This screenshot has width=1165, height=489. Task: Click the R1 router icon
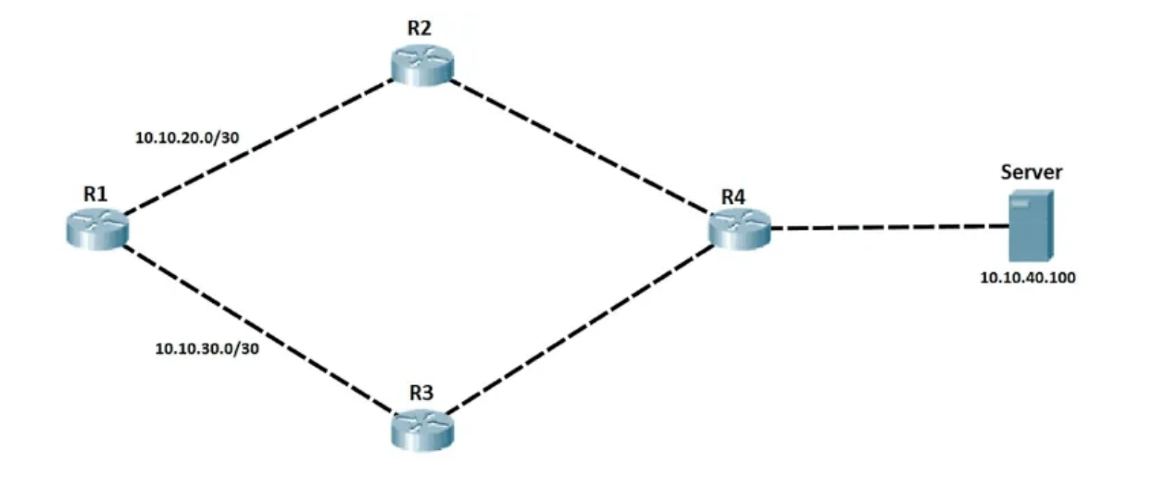coord(96,227)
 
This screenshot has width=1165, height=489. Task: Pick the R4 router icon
coord(740,227)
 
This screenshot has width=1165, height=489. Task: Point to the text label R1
coord(95,194)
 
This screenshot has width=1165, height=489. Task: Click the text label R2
coord(420,27)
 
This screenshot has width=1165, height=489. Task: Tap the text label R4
coord(733,197)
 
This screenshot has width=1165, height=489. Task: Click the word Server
coord(1031,172)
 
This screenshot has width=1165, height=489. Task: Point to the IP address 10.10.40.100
coord(1028,277)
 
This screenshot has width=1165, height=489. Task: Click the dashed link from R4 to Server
coord(887,227)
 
